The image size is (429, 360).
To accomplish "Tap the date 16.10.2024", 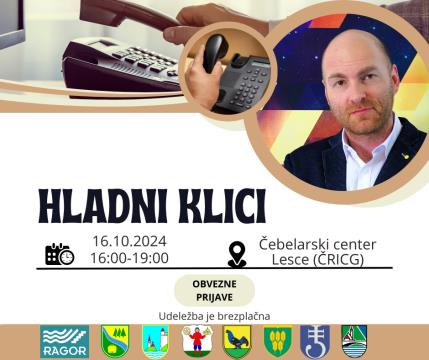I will pyautogui.click(x=129, y=241).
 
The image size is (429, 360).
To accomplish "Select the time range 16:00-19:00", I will pyautogui.click(x=129, y=258).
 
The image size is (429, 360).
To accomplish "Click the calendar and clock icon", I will pyautogui.click(x=59, y=254).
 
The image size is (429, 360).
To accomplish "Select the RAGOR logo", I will pyautogui.click(x=64, y=342).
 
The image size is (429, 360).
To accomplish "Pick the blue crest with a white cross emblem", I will pyautogui.click(x=315, y=342).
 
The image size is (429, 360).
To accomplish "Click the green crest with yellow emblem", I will pyautogui.click(x=277, y=342).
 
